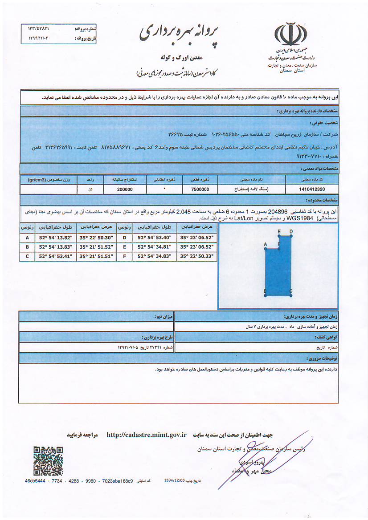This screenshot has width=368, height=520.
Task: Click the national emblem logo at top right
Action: coord(290,33)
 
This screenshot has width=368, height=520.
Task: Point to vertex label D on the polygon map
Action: coord(291,231)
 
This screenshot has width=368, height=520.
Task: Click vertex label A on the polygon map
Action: coord(265,245)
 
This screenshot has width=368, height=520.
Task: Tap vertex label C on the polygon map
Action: coord(291,292)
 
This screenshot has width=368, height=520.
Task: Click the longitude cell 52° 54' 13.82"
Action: coord(56,238)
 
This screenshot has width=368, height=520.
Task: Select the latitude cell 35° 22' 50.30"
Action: coord(96,238)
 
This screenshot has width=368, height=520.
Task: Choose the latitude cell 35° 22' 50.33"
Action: coord(196,256)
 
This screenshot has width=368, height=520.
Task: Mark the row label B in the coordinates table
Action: coord(28,247)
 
